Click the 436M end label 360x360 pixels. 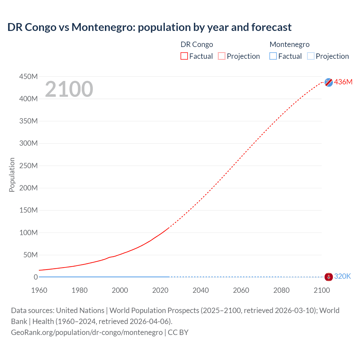343,82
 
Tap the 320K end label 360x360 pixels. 342,276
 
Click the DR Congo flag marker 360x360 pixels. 328,82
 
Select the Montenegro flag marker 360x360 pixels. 328,277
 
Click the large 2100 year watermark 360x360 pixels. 69,89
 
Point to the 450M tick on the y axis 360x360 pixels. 28,76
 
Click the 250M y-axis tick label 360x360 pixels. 28,166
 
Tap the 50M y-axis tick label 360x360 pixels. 30,255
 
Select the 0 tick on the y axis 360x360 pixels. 36,277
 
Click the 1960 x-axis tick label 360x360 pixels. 39,290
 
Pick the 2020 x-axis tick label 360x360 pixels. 160,290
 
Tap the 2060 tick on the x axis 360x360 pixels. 241,290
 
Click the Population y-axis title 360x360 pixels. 12,175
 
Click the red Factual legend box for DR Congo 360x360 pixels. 184,56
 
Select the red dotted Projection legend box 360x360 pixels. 222,56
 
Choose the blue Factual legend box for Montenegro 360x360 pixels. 273,56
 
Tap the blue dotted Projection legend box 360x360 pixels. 310,56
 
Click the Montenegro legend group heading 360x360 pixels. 289,44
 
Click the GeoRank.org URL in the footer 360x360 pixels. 87,332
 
